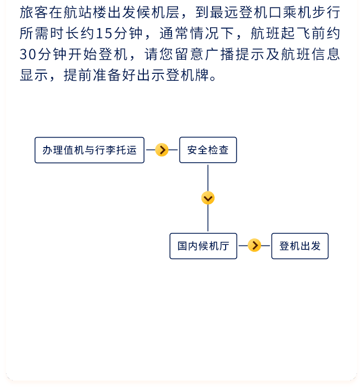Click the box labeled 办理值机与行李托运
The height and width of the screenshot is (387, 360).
tap(90, 150)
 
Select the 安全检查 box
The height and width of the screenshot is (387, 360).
tap(208, 150)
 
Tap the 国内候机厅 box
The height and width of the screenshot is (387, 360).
tap(204, 246)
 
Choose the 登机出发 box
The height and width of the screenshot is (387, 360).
tap(300, 246)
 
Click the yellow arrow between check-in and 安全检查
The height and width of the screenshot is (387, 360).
tap(162, 150)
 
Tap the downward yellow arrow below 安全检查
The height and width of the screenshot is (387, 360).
tap(208, 198)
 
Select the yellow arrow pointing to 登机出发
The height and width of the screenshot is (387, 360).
tap(255, 245)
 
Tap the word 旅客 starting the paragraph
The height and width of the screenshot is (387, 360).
tap(34, 13)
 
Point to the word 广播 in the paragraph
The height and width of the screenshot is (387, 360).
tap(220, 54)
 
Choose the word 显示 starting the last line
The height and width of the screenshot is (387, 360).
tap(34, 75)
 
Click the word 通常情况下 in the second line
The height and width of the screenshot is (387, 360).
tap(197, 33)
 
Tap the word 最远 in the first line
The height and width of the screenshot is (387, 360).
tap(224, 13)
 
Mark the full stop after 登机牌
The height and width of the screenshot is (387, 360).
tap(213, 78)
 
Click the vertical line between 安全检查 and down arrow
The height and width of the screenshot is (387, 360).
tap(208, 178)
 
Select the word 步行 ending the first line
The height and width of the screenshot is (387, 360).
tap(326, 13)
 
